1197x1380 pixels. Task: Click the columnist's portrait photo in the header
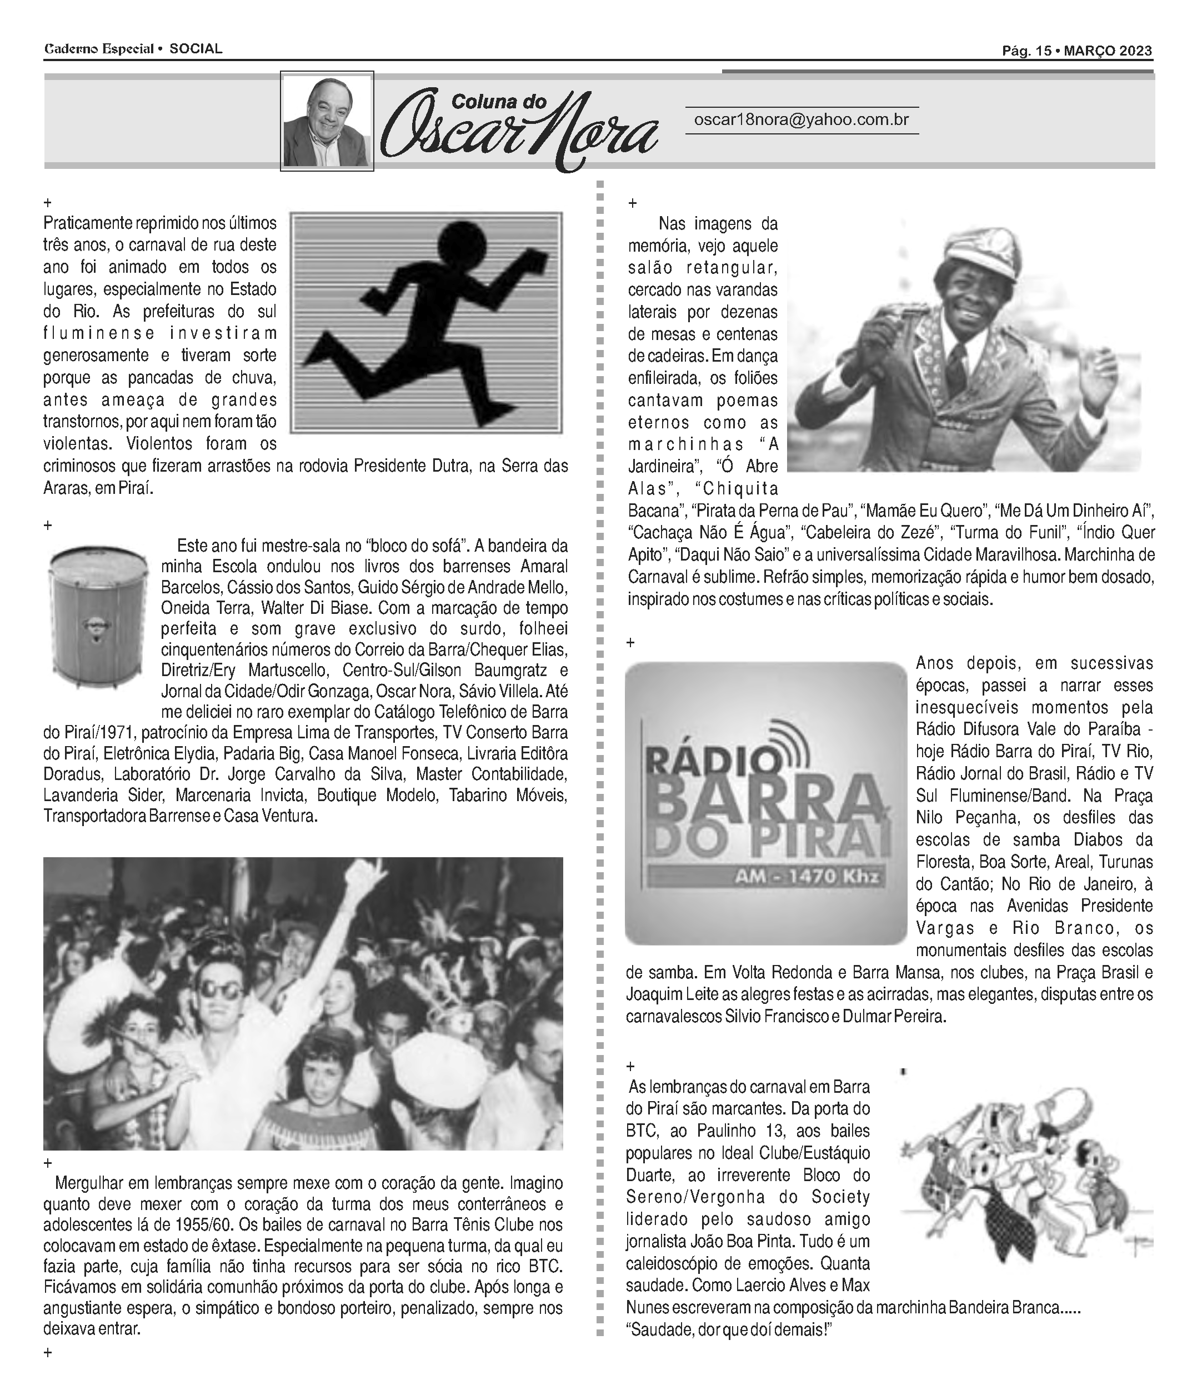pos(327,122)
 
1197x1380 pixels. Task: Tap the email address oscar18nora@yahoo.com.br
pos(801,119)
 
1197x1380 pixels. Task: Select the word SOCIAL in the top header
pos(196,49)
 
